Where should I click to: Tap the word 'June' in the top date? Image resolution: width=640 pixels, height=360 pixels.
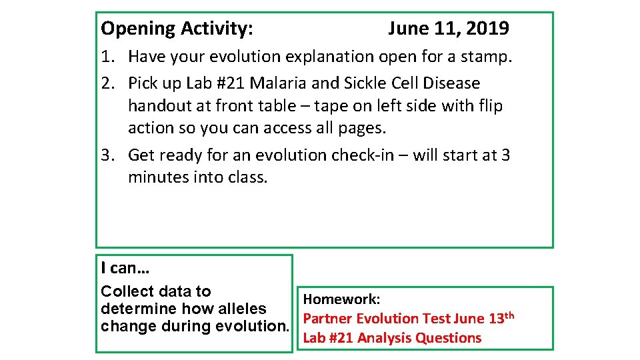tap(409, 29)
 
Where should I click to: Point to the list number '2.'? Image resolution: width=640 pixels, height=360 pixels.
tap(109, 83)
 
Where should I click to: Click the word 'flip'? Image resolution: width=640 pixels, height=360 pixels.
tap(490, 106)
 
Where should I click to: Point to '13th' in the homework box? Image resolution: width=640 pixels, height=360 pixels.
tap(501, 318)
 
